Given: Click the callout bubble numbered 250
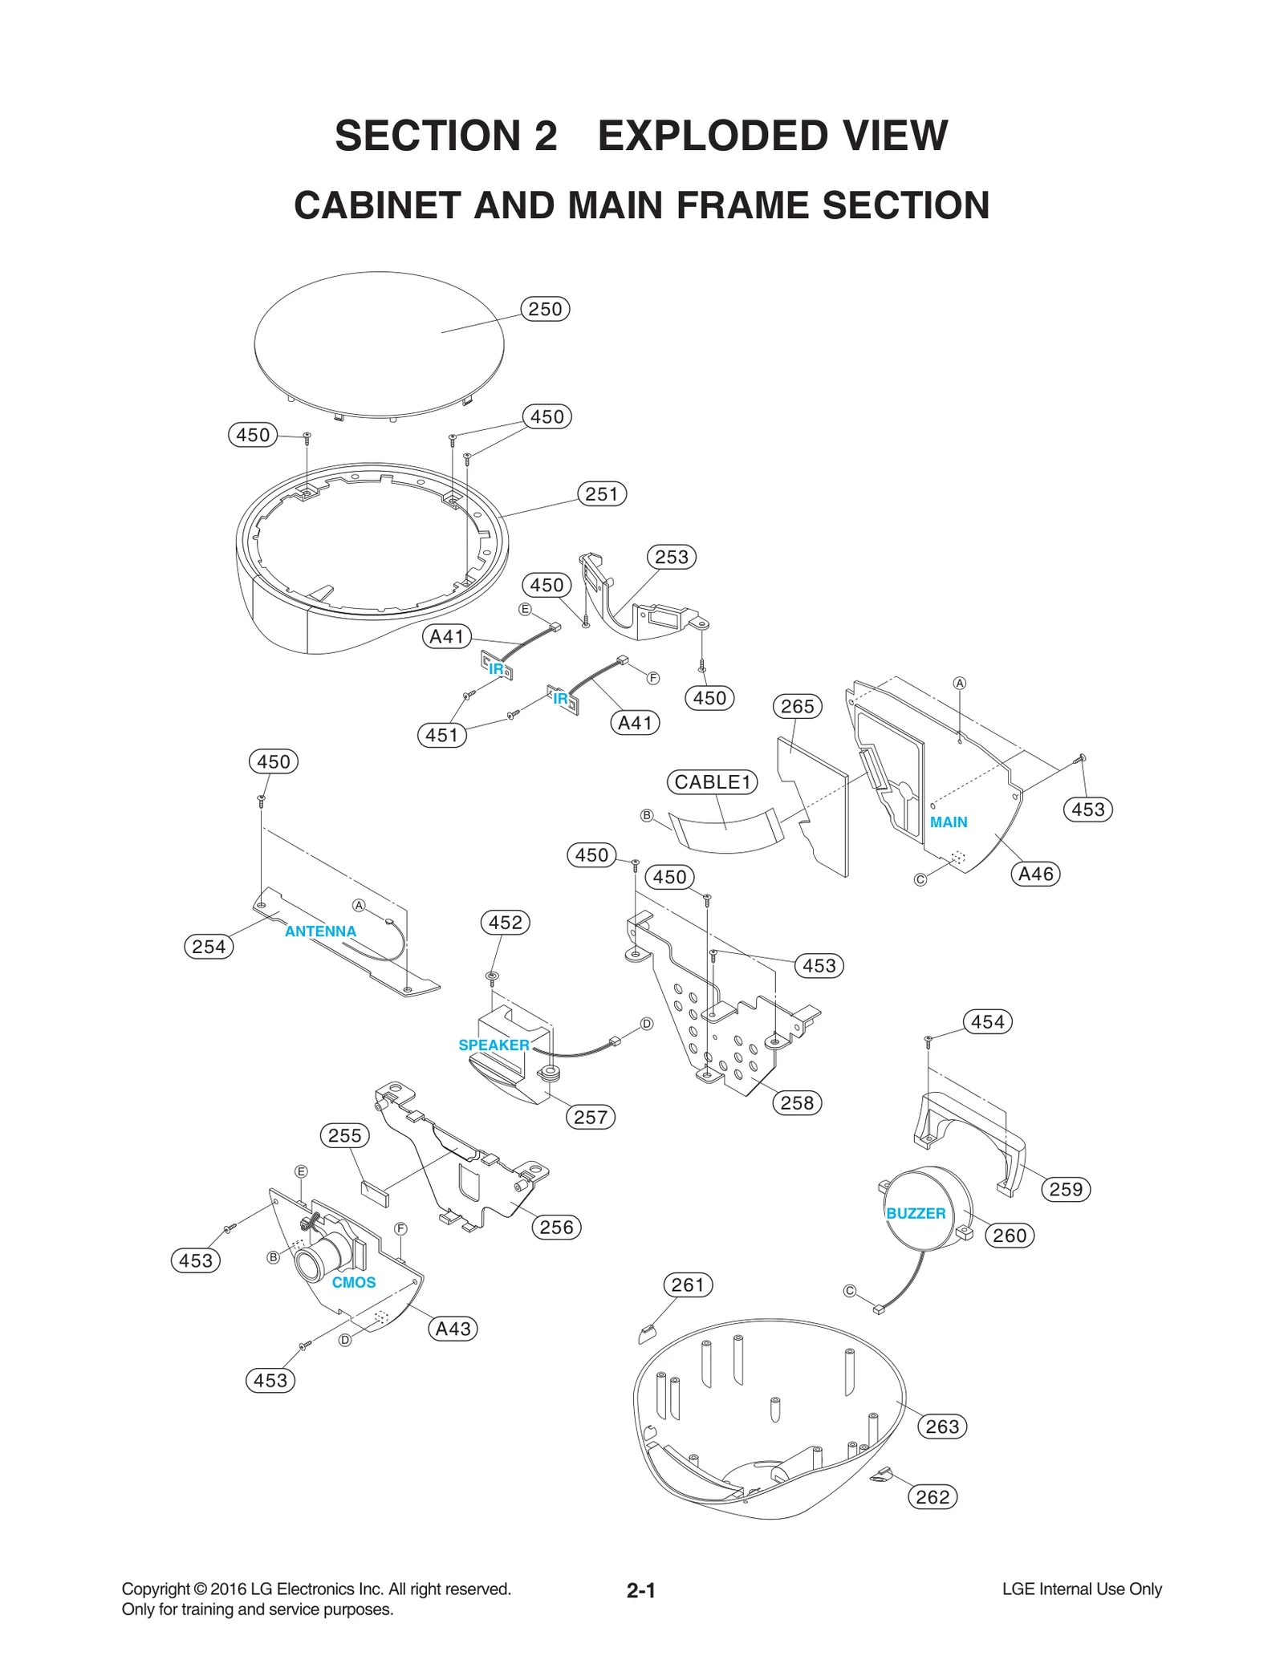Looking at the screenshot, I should (x=545, y=309).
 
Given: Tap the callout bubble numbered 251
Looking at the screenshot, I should (x=602, y=493).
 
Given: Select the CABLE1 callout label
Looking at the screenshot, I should (x=712, y=781).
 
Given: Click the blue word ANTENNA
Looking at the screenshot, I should (x=320, y=931).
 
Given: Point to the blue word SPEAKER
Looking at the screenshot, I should (x=494, y=1045).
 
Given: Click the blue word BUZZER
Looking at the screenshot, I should (x=916, y=1213).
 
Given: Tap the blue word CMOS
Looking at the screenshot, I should (x=354, y=1282).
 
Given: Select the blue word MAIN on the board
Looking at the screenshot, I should (x=949, y=822).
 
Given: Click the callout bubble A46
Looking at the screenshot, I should (x=1035, y=874).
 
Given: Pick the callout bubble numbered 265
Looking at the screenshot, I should (x=798, y=706).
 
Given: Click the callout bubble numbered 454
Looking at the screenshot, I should (x=987, y=1021).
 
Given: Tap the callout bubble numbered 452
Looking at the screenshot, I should (x=506, y=922).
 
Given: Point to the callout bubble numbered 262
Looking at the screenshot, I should (x=933, y=1496).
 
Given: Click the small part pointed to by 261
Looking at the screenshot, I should (x=647, y=1334).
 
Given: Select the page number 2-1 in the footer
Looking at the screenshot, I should (x=641, y=1590).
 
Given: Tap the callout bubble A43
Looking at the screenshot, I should (x=453, y=1329).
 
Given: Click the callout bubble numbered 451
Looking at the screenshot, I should (x=441, y=735).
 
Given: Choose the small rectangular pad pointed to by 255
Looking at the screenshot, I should (x=374, y=1192).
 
